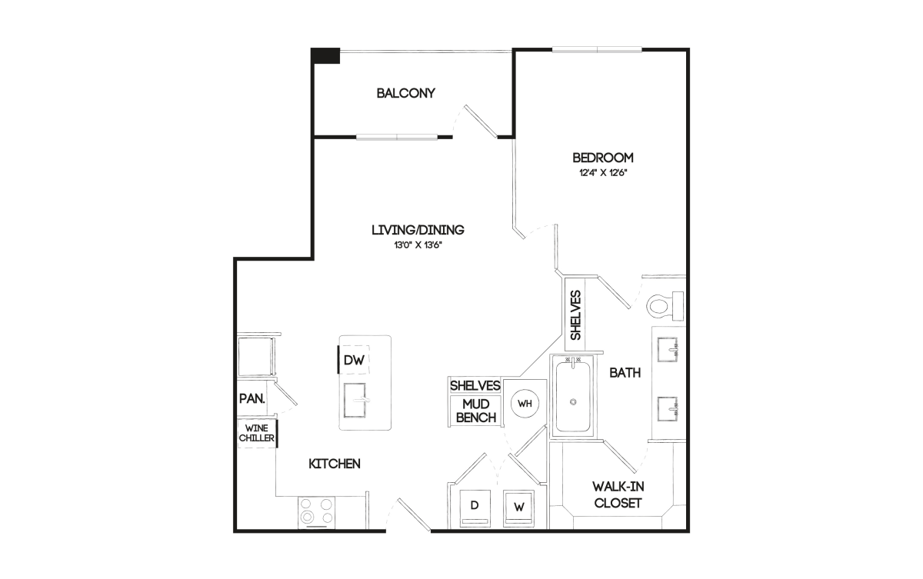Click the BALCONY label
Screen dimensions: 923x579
click(x=406, y=93)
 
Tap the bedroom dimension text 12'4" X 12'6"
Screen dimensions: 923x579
click(x=603, y=173)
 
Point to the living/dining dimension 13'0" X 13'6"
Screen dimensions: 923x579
click(x=418, y=245)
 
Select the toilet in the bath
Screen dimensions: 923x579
click(x=665, y=306)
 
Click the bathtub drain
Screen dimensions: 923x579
click(x=573, y=402)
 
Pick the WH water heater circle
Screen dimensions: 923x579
click(x=525, y=404)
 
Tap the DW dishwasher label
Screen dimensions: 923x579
click(x=354, y=361)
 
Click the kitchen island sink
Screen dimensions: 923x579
click(x=355, y=401)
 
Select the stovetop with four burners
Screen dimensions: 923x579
click(x=316, y=513)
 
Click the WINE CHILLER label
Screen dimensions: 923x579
click(x=256, y=433)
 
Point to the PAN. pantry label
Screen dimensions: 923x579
click(x=252, y=398)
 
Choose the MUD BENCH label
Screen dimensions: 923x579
click(x=476, y=411)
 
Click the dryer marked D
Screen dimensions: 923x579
click(x=475, y=508)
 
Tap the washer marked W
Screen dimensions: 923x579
click(x=518, y=508)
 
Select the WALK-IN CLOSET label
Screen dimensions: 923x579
click(x=618, y=494)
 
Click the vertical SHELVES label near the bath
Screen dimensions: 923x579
click(x=575, y=315)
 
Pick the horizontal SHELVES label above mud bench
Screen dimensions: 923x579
click(x=475, y=385)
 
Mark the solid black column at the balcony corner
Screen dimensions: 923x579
click(x=325, y=55)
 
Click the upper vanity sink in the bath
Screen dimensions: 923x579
click(x=668, y=350)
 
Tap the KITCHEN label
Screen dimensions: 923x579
click(x=335, y=464)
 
